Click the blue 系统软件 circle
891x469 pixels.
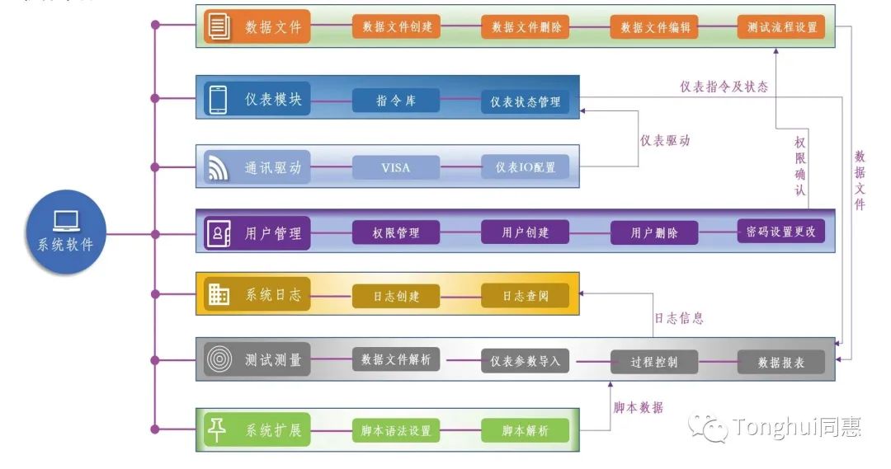[x=66, y=232]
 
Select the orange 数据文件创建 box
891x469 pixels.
[x=396, y=26]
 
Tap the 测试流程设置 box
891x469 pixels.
[x=781, y=26]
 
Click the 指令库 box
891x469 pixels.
[x=396, y=101]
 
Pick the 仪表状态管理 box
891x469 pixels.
[x=525, y=101]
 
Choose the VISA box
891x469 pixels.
[x=396, y=167]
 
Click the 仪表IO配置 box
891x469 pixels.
[x=525, y=167]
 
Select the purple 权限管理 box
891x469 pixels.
[x=396, y=232]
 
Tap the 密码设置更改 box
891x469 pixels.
[x=781, y=231]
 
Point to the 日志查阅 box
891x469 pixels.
[x=525, y=296]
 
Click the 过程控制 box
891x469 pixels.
[x=654, y=362]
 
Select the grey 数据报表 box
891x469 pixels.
[x=781, y=362]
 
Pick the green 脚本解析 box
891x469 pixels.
[x=525, y=430]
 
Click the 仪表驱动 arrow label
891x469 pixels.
[x=665, y=140]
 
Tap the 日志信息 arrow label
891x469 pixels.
[x=678, y=318]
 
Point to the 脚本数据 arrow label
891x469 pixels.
[x=638, y=407]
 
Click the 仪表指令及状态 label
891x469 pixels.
[x=724, y=87]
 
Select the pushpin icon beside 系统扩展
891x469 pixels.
[x=217, y=429]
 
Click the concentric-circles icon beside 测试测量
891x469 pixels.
[x=219, y=359]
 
